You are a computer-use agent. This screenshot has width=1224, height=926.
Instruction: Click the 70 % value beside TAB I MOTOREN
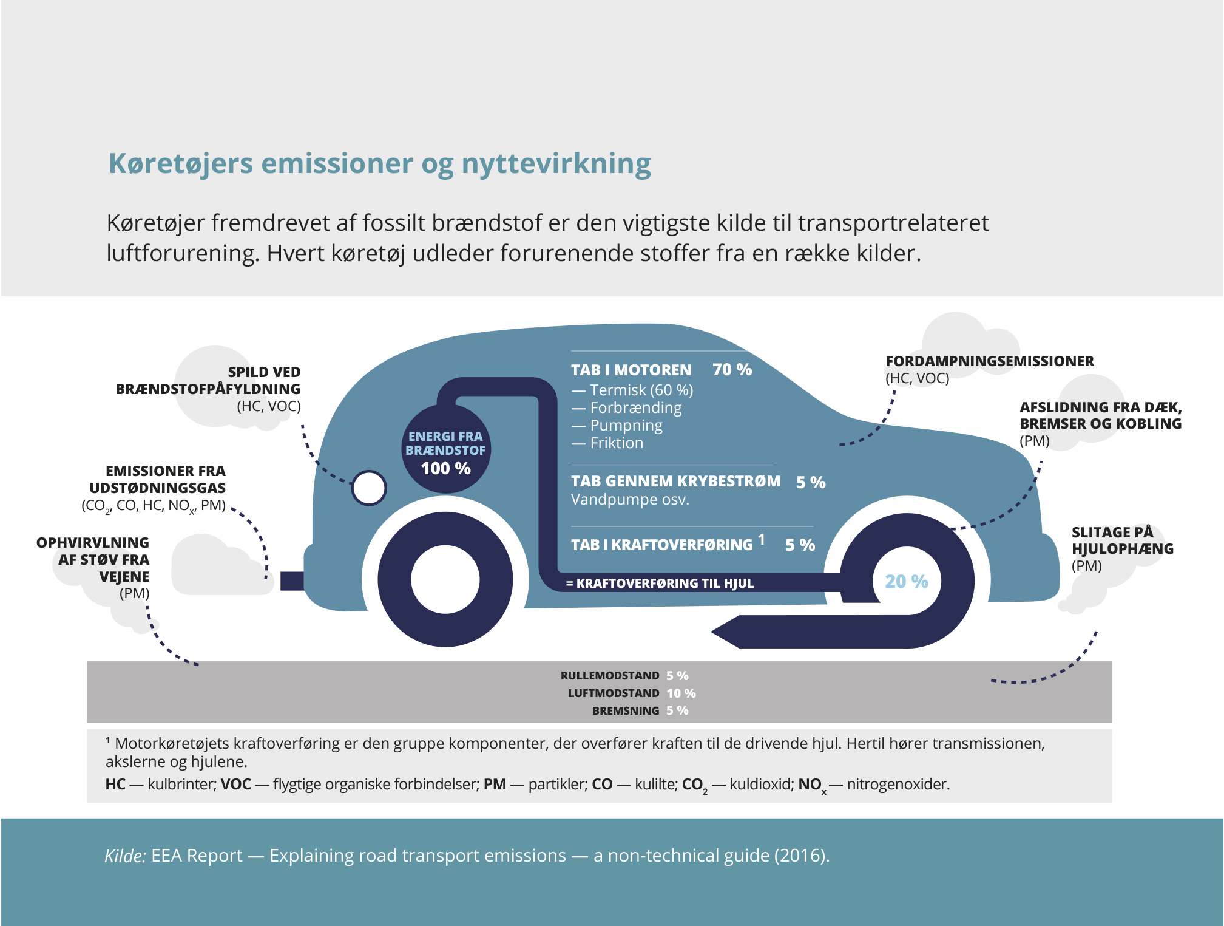pos(732,369)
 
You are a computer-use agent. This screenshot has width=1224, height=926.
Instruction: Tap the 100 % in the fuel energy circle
pos(445,468)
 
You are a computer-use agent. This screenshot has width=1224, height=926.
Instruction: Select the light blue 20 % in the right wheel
pos(906,581)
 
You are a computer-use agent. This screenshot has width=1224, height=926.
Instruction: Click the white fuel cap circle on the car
pos(369,488)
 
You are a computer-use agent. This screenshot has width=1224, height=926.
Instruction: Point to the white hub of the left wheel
pos(445,579)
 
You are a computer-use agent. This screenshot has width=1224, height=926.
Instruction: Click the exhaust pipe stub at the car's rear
pos(292,580)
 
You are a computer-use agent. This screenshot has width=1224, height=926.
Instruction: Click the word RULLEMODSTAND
pos(609,675)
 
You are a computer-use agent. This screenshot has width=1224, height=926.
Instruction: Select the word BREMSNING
pos(625,710)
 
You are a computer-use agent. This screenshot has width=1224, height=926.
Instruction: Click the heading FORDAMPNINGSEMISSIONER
pos(989,361)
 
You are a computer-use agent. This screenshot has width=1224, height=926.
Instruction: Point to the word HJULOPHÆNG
pos(1122,549)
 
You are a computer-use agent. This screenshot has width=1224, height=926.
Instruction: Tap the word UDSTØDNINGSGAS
pos(157,488)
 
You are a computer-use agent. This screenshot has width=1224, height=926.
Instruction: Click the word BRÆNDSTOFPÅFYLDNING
pos(208,389)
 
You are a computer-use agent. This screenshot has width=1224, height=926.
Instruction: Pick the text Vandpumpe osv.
pos(630,500)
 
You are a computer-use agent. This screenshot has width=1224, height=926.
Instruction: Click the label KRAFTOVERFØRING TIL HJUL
pos(664,583)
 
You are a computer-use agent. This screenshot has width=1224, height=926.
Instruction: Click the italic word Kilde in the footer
pos(124,856)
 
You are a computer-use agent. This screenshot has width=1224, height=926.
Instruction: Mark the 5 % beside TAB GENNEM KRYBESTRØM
pos(811,482)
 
